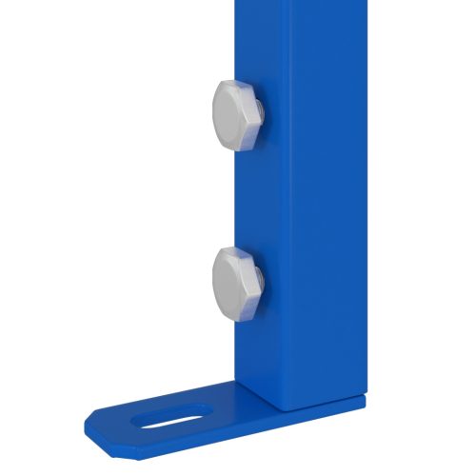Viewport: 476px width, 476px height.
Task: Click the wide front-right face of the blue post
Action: (x=324, y=209)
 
